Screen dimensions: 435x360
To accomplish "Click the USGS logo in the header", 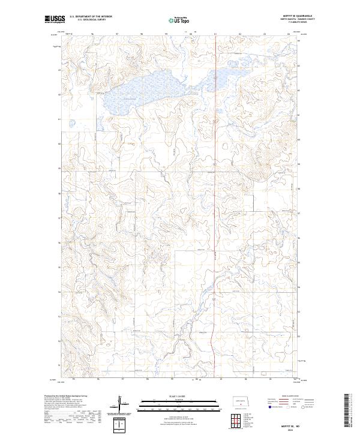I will pos(55,19).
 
